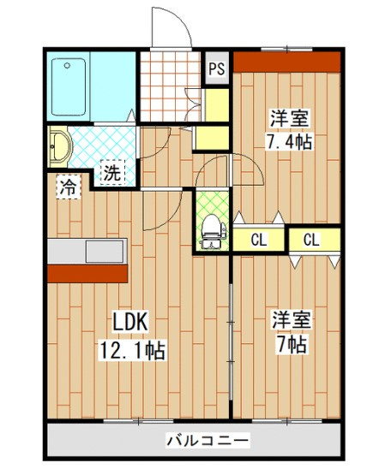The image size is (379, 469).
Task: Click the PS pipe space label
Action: click(216, 69)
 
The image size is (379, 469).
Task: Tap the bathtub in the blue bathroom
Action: click(69, 86)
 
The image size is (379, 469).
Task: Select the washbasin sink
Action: click(60, 146)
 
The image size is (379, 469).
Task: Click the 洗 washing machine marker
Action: click(112, 172)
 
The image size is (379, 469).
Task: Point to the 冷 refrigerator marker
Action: click(69, 187)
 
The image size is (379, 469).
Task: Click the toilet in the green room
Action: click(213, 231)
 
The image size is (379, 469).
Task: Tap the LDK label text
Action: click(130, 321)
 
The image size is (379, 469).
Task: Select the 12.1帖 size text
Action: click(133, 350)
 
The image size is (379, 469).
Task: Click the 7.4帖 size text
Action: click(290, 141)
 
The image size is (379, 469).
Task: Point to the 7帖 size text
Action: click(292, 345)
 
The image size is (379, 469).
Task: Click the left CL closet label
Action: click(259, 240)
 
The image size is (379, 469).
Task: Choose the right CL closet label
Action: click(311, 240)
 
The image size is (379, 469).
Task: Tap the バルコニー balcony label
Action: click(208, 440)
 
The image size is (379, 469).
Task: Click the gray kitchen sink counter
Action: click(87, 251)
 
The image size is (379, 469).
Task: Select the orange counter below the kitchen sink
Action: click(87, 274)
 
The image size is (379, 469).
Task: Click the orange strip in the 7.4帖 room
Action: click(286, 62)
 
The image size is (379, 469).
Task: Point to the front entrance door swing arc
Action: click(177, 19)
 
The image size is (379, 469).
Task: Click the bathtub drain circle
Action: click(68, 65)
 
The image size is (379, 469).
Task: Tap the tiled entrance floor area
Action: click(170, 86)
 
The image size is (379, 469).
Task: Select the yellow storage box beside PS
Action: click(217, 105)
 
